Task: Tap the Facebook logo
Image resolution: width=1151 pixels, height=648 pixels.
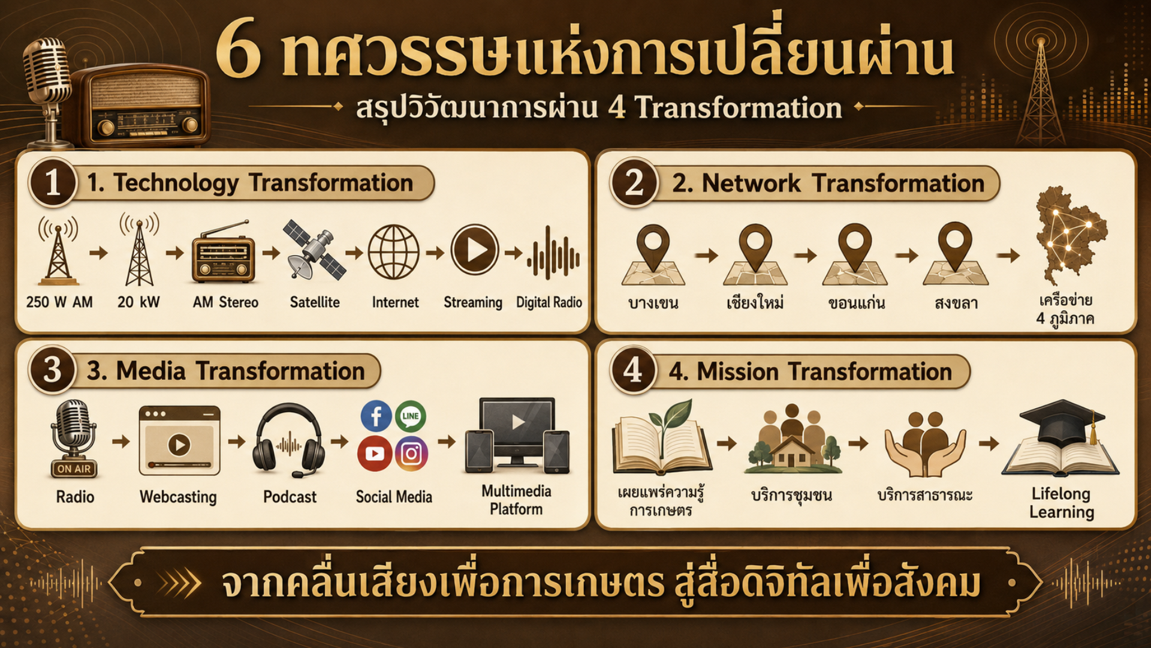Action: pos(376,416)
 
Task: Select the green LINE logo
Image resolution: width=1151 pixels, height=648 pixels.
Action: pos(411,416)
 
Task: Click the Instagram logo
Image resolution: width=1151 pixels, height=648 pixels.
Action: pos(411,454)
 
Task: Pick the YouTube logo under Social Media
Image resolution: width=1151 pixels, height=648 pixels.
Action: pos(375,454)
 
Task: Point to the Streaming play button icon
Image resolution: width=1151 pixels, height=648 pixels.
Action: pos(475,250)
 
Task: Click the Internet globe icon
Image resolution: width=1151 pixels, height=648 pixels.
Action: pos(393,252)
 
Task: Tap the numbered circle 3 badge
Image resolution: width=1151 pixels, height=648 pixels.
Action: pos(52,370)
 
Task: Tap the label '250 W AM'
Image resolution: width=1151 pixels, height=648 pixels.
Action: pos(59,302)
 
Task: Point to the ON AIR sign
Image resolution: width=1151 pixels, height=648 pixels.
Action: pos(74,469)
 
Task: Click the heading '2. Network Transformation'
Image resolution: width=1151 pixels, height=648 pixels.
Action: pos(828,183)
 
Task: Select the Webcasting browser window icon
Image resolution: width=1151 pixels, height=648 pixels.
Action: pos(179,440)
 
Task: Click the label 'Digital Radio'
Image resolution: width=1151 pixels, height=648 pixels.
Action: pos(549,302)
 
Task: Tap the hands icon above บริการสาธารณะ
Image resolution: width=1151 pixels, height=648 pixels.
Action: pos(925,443)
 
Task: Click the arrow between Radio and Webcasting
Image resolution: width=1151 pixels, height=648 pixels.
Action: pos(120,442)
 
